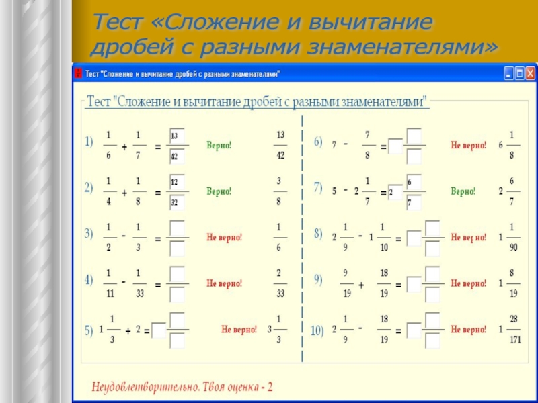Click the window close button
531,73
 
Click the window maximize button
520,73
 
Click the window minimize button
509,73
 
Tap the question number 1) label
89,143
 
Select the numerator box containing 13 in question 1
177,136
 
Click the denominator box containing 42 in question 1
177,156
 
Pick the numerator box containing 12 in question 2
177,183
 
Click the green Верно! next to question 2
219,191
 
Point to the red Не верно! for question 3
224,237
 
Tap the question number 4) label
89,281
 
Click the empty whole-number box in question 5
158,330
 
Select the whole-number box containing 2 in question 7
395,193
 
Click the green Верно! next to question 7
463,191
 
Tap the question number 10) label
317,330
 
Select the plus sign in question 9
361,285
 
